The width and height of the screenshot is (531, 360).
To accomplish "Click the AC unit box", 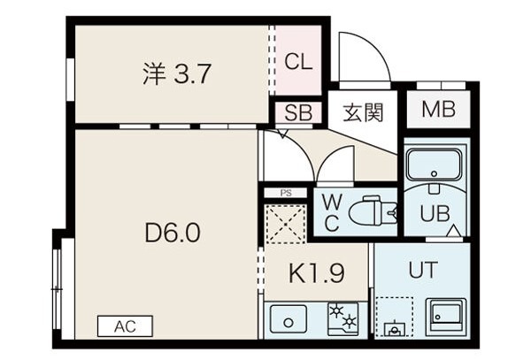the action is pyautogui.click(x=125, y=326).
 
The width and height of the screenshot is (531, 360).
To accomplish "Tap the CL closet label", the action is pyautogui.click(x=298, y=62).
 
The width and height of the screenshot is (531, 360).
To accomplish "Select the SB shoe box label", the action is pyautogui.click(x=298, y=112).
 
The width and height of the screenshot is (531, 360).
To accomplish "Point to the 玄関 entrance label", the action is pyautogui.click(x=363, y=112).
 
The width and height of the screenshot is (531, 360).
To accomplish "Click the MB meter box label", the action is pyautogui.click(x=438, y=110).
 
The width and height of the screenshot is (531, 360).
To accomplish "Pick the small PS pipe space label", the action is pyautogui.click(x=286, y=193).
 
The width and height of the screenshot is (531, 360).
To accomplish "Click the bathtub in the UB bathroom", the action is pyautogui.click(x=435, y=165).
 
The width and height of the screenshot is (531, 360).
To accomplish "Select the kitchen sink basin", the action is pyautogui.click(x=289, y=319).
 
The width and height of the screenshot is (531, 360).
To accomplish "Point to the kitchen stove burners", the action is pyautogui.click(x=342, y=319).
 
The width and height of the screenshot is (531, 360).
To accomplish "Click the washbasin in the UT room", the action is pyautogui.click(x=446, y=316).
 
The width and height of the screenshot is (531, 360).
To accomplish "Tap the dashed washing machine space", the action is pyautogui.click(x=394, y=318).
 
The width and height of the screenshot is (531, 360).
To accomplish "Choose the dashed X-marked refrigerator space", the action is pyautogui.click(x=286, y=224).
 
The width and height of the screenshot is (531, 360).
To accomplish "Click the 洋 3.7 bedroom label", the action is pyautogui.click(x=176, y=73).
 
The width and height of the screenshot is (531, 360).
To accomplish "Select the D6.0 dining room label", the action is pyautogui.click(x=173, y=233).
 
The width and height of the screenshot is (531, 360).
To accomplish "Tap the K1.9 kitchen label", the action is pyautogui.click(x=317, y=272).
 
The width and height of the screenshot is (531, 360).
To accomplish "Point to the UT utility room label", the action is pyautogui.click(x=423, y=270).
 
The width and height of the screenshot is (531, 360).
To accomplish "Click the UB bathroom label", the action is pyautogui.click(x=435, y=213).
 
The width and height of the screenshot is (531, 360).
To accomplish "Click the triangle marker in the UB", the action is pyautogui.click(x=454, y=230).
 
